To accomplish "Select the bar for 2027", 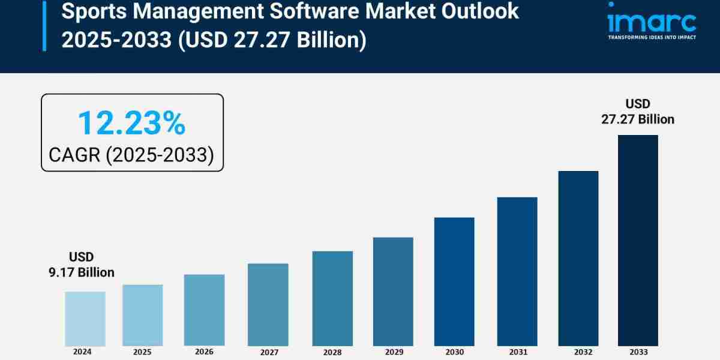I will pyautogui.click(x=268, y=304).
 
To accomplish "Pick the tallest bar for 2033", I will pyautogui.click(x=638, y=240).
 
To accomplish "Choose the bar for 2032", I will pyautogui.click(x=578, y=258).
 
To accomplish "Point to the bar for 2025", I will pyautogui.click(x=143, y=315).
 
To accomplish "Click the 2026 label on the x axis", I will pyautogui.click(x=205, y=352).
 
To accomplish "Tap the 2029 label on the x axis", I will pyautogui.click(x=393, y=352).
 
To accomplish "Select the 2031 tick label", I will pyautogui.click(x=517, y=352).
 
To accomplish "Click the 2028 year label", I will pyautogui.click(x=332, y=352).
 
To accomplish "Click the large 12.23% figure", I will pyautogui.click(x=131, y=123).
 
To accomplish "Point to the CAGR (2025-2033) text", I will pyautogui.click(x=131, y=155).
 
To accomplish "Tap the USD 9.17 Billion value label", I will pyautogui.click(x=82, y=265).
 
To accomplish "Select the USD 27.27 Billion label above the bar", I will pyautogui.click(x=638, y=112).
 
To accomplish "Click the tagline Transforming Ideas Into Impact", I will pyautogui.click(x=652, y=37).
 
